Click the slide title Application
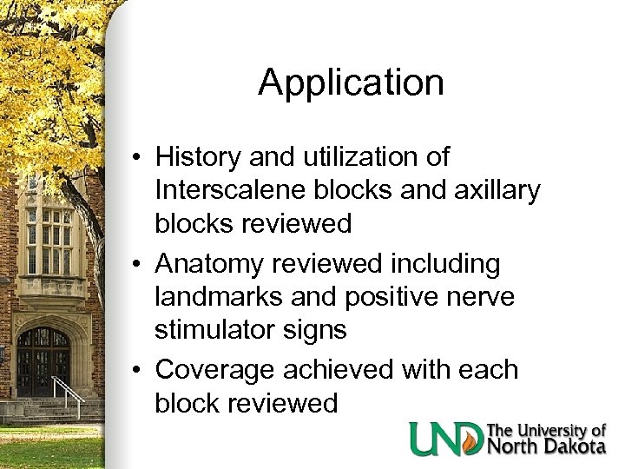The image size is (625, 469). (351, 83)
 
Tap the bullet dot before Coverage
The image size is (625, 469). (139, 371)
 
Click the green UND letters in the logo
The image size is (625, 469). (446, 439)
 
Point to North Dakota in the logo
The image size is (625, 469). (547, 446)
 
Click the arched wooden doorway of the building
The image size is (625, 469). (43, 360)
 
